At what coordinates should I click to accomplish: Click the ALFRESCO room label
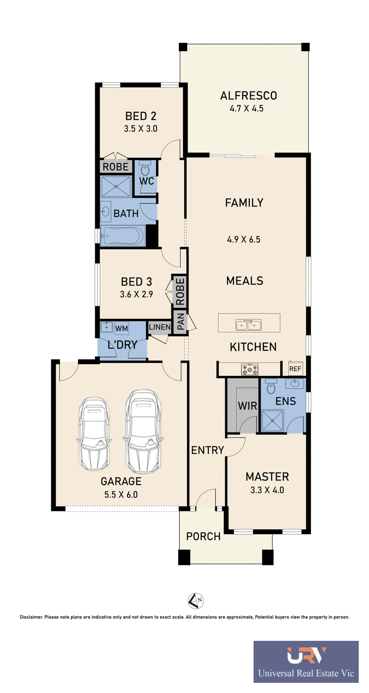click(x=248, y=96)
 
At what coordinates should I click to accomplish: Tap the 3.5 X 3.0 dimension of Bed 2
click(x=141, y=128)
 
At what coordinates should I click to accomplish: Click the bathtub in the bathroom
click(x=123, y=236)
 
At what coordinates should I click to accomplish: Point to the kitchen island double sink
click(x=248, y=325)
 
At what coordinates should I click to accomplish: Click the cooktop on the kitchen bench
click(x=250, y=370)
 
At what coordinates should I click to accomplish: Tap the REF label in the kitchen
click(x=295, y=369)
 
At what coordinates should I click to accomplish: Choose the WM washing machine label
click(x=121, y=328)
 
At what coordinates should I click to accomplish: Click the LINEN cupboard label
click(x=160, y=327)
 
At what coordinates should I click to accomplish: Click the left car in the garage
click(x=93, y=433)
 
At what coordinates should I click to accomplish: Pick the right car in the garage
click(x=144, y=431)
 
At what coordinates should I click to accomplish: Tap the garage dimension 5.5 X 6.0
click(x=121, y=494)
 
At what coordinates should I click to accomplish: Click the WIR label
click(x=248, y=406)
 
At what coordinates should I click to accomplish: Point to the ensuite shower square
click(x=272, y=420)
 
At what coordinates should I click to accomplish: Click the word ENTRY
click(x=207, y=450)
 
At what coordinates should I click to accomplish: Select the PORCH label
click(x=203, y=536)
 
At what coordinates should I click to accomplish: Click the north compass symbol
click(x=196, y=600)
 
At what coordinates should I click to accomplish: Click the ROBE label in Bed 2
click(x=115, y=167)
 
